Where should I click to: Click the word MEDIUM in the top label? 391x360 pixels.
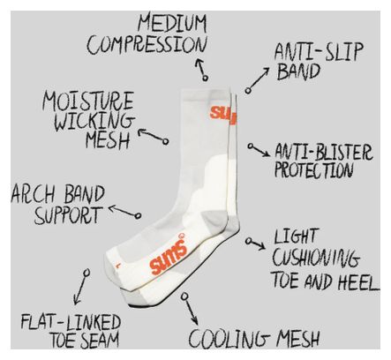(172, 23)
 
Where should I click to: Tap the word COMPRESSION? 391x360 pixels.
(147, 45)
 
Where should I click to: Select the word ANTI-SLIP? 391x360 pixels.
(319, 52)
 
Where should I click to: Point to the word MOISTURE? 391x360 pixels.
(88, 101)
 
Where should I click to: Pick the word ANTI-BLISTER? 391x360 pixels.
(324, 152)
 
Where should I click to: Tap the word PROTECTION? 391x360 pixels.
(313, 169)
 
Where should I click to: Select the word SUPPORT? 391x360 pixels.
(68, 215)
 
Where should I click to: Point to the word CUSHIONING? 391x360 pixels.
(316, 258)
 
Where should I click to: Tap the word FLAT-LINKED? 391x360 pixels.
(71, 322)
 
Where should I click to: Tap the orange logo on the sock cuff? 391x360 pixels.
(223, 114)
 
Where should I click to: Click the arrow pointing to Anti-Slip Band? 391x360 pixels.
(258, 79)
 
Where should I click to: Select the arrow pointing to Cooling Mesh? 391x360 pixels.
(190, 308)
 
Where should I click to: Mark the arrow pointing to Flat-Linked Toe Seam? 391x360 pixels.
(81, 287)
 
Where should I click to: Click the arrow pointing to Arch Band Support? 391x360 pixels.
(124, 211)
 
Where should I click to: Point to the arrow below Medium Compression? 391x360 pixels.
(202, 69)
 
